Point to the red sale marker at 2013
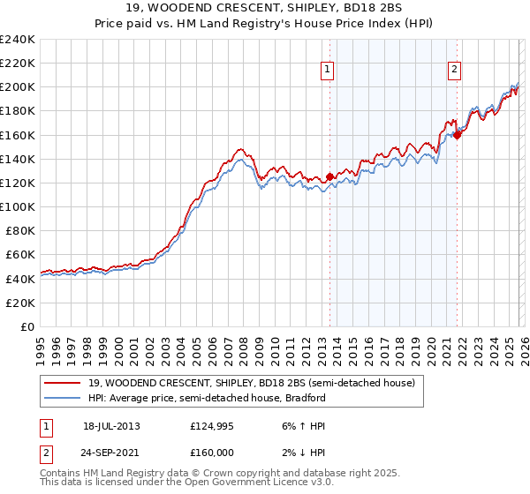pyautogui.click(x=329, y=176)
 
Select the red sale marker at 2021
pyautogui.click(x=458, y=135)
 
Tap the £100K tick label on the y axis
pyautogui.click(x=18, y=206)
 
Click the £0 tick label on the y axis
pyautogui.click(x=26, y=326)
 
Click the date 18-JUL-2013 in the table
pyautogui.click(x=111, y=426)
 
